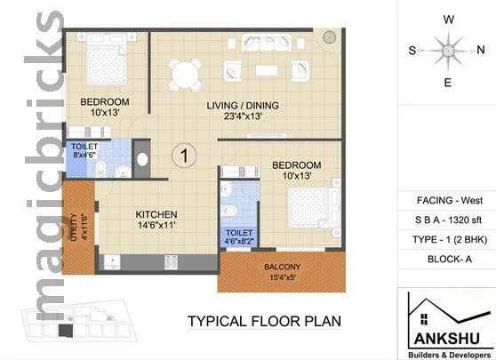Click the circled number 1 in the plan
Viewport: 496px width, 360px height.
[183, 156]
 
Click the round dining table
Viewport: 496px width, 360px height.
[185, 72]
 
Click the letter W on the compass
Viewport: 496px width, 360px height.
[450, 18]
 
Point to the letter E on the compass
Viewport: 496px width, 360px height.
[449, 83]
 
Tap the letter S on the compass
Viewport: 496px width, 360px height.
[412, 51]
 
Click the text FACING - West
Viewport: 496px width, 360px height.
[449, 201]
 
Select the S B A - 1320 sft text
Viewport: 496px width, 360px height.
[449, 220]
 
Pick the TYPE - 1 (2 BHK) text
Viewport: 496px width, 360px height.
[449, 239]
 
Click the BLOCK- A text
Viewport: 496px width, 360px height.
[449, 259]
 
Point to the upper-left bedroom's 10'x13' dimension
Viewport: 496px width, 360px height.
[105, 113]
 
